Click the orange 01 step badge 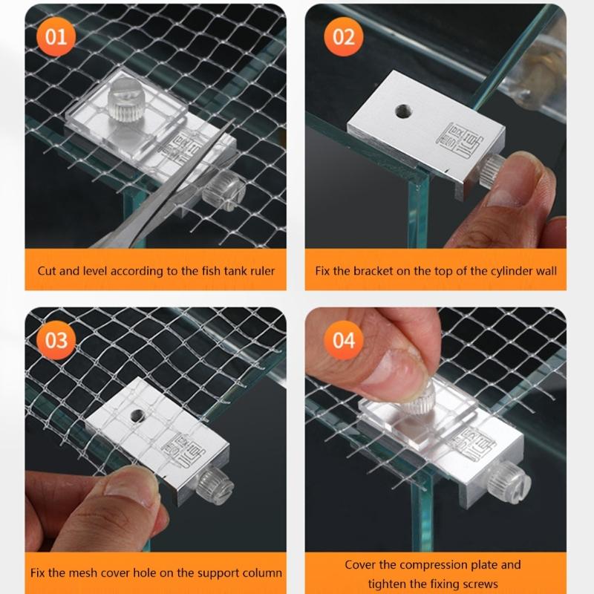pos(56,36)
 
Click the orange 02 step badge pos(343,36)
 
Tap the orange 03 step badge pos(56,341)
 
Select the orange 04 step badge pos(343,341)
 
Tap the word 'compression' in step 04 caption pos(449,565)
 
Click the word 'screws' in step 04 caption pos(480,584)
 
